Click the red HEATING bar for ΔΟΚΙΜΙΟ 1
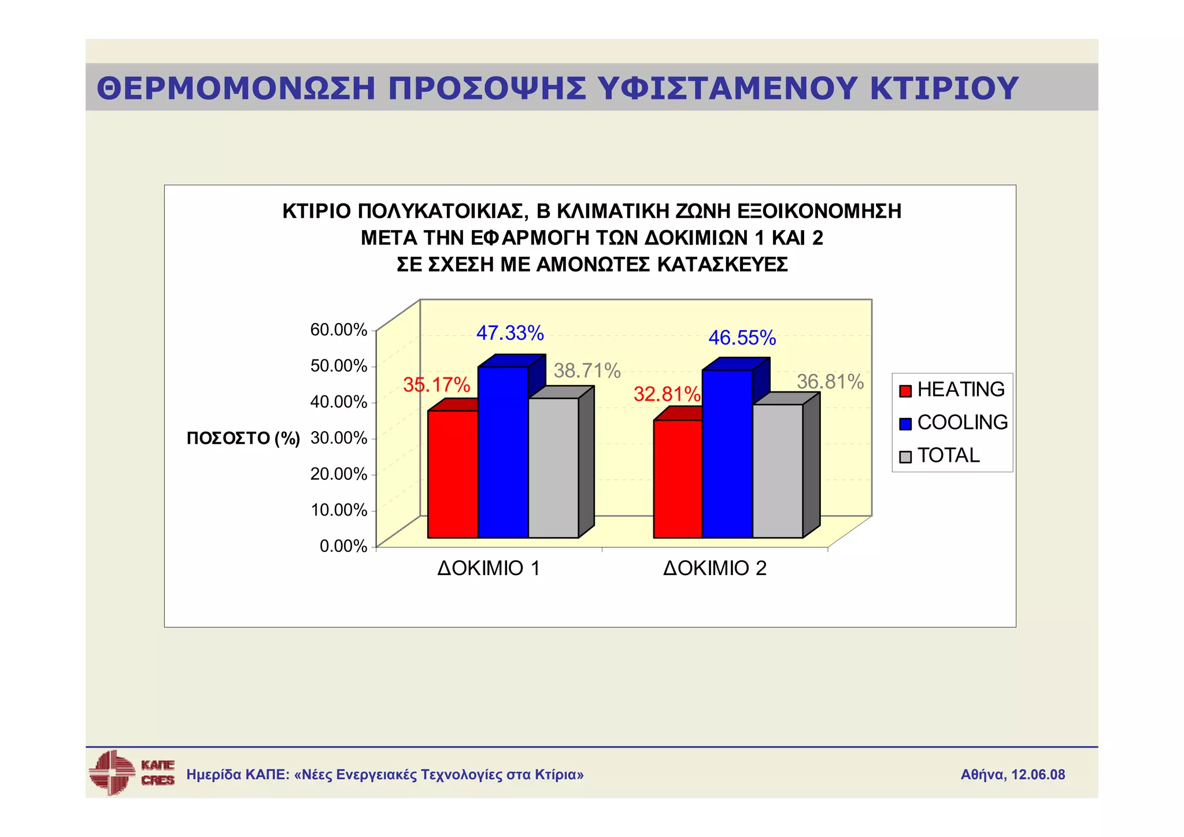click(453, 474)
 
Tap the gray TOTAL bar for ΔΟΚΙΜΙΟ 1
click(553, 468)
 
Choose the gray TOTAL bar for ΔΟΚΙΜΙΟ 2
click(778, 471)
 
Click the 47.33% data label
click(510, 334)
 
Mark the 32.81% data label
click(667, 394)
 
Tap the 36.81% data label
click(830, 382)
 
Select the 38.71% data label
click(587, 371)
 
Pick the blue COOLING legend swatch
click(905, 424)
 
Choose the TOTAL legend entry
click(948, 455)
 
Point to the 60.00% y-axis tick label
click(339, 330)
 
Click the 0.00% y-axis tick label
click(343, 546)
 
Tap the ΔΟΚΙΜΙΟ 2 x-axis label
click(715, 568)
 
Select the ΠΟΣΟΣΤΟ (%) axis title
click(243, 439)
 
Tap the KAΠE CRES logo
click(131, 773)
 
